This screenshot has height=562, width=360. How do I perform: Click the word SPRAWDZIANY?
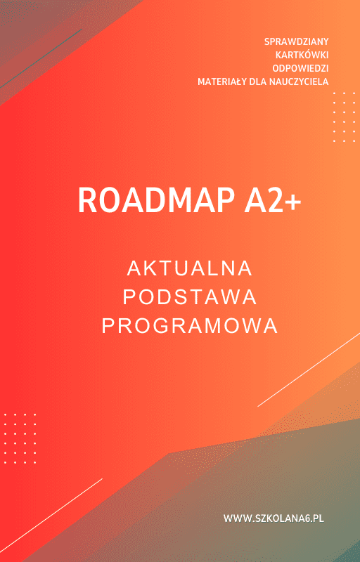coord(296,41)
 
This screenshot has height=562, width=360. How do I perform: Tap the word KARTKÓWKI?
coord(302,55)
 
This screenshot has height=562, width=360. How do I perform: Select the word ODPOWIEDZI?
coord(300,68)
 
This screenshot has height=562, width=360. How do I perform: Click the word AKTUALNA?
coord(190,268)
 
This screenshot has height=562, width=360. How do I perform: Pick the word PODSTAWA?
coord(190,297)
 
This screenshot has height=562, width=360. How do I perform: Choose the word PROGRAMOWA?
coord(190,326)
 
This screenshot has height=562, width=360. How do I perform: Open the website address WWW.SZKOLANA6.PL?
coord(274,518)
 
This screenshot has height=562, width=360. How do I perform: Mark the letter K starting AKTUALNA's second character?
coord(149,268)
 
